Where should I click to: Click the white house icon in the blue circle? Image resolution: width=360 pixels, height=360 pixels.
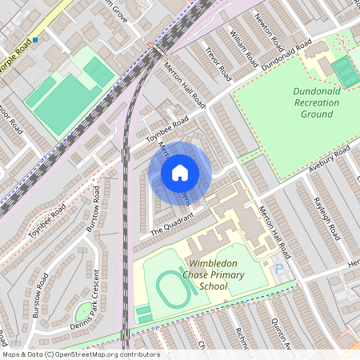(180, 173)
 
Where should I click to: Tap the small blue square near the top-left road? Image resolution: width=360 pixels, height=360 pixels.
(36, 39)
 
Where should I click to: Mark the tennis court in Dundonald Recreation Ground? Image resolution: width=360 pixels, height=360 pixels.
(346, 71)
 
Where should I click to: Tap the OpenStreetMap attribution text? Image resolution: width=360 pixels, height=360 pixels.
(80, 354)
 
